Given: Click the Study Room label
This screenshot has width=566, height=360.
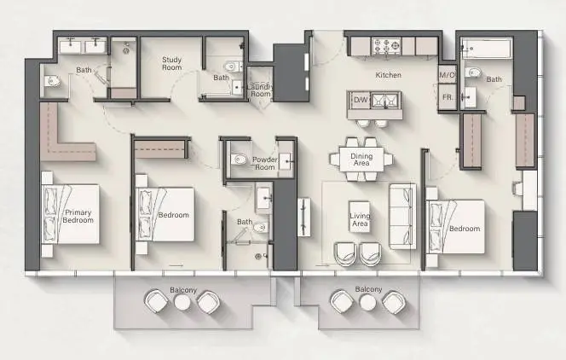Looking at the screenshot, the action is (x=172, y=63).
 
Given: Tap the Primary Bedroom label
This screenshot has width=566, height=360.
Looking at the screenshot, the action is (x=78, y=217).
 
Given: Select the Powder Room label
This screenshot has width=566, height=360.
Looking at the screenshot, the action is (x=265, y=163).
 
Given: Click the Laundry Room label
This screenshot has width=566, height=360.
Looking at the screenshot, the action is (x=260, y=90).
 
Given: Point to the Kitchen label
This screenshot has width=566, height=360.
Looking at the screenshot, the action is (x=389, y=75).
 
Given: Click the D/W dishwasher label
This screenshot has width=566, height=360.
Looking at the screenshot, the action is (x=361, y=100).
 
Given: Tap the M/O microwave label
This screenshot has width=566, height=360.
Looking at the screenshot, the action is (x=447, y=75).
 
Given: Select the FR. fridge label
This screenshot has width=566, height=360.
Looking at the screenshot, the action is (x=448, y=97).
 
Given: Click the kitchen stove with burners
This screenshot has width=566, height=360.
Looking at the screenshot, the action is (x=387, y=46).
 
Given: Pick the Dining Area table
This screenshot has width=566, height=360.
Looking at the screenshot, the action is (x=361, y=160).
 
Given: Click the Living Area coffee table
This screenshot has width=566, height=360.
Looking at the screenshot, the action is (x=360, y=217).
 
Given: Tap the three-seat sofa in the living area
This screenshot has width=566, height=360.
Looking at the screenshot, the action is (x=402, y=216).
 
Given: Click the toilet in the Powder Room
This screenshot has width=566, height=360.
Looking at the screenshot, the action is (x=239, y=159).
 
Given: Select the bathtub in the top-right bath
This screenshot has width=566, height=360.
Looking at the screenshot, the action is (x=487, y=49).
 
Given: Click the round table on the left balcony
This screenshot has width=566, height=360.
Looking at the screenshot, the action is (x=182, y=302).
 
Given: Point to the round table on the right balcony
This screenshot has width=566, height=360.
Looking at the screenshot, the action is (x=368, y=302).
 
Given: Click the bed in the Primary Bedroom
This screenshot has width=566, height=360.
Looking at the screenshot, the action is (x=71, y=214).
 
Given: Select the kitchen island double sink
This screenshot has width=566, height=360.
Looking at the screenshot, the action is (x=385, y=101).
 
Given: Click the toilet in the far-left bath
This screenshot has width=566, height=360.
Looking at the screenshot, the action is (x=52, y=81).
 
